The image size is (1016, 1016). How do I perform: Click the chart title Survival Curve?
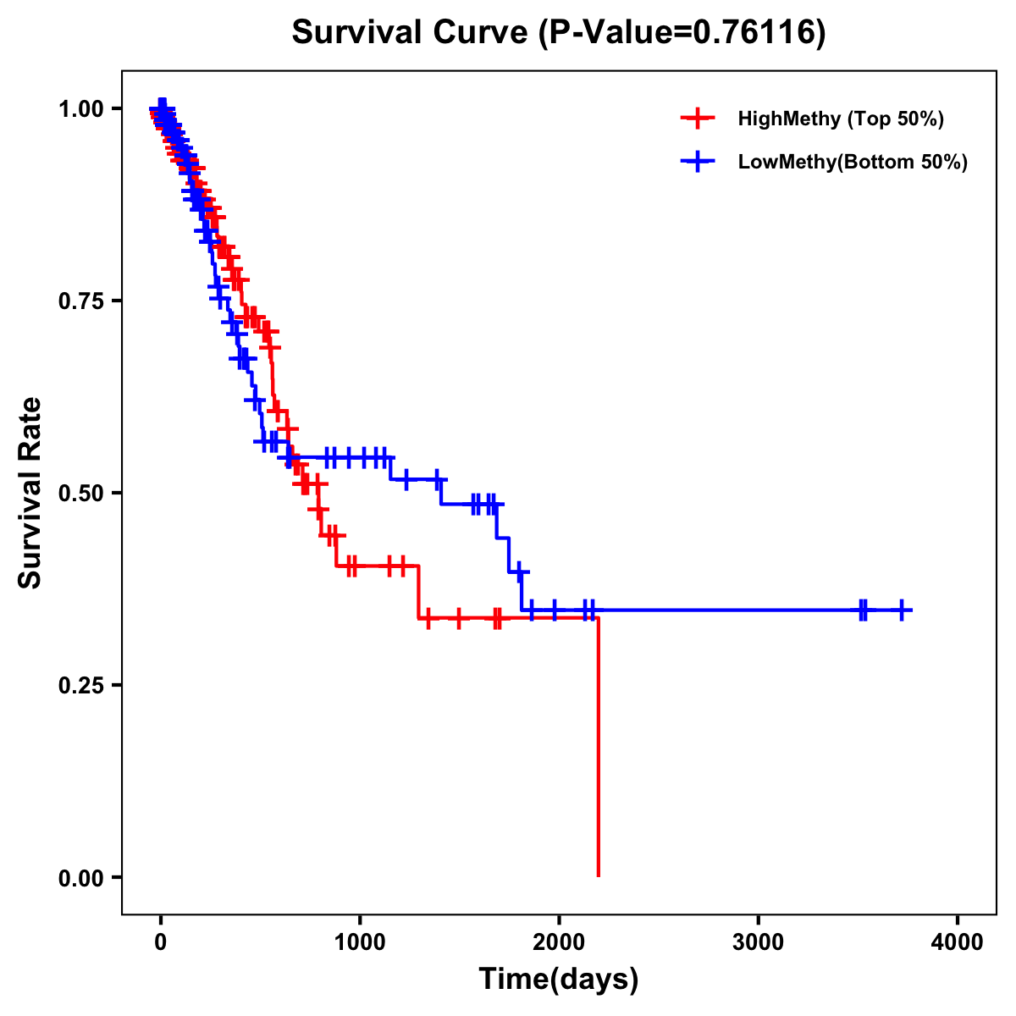click(x=412, y=32)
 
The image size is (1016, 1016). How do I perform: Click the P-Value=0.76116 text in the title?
click(x=684, y=32)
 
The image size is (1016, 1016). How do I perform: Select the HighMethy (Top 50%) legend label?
click(x=840, y=119)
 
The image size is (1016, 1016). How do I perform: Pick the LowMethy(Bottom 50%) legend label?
click(x=852, y=162)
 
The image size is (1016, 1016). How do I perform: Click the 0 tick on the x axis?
click(x=161, y=942)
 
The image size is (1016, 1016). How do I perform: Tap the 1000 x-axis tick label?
click(x=360, y=942)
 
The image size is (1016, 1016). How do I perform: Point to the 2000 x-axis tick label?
click(x=559, y=942)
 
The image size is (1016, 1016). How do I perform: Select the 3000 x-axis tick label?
click(x=758, y=942)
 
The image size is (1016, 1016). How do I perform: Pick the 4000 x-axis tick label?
click(x=957, y=942)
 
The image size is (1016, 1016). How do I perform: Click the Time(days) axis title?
click(x=559, y=980)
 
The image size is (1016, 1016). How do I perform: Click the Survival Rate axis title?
click(x=30, y=493)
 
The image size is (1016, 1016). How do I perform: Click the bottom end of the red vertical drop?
click(x=599, y=875)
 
